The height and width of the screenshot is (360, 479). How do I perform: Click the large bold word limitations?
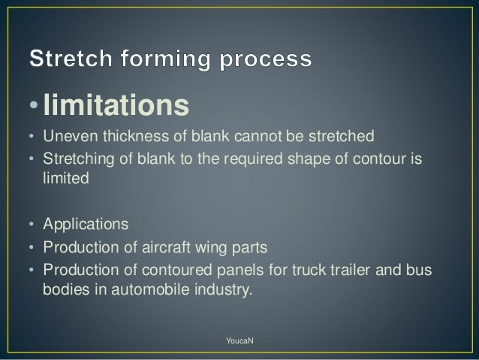116,106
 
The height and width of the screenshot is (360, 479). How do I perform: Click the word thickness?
126,138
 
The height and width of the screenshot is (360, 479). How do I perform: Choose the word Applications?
86,225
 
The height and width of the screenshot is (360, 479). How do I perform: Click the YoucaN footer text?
239,342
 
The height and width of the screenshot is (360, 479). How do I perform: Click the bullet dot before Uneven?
31,138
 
